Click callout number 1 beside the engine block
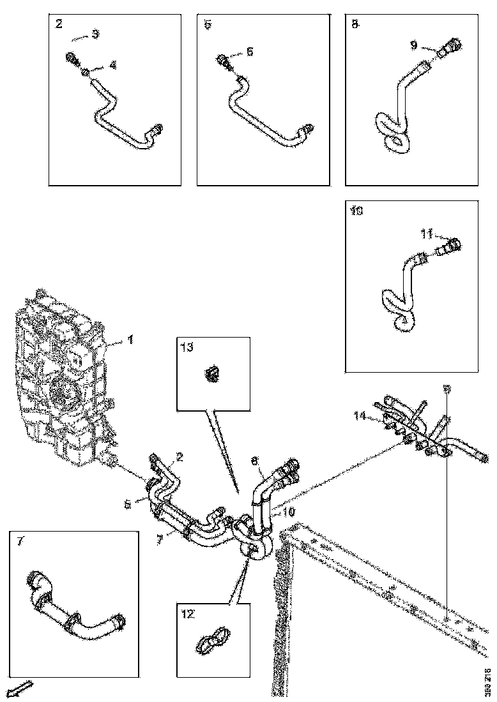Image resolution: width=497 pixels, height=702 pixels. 130,340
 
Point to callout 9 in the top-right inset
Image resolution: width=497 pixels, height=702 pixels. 414,45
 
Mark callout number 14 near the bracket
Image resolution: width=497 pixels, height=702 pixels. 361,416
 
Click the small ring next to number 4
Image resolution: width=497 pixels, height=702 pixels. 85,74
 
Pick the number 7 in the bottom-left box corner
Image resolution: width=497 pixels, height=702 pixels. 20,541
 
